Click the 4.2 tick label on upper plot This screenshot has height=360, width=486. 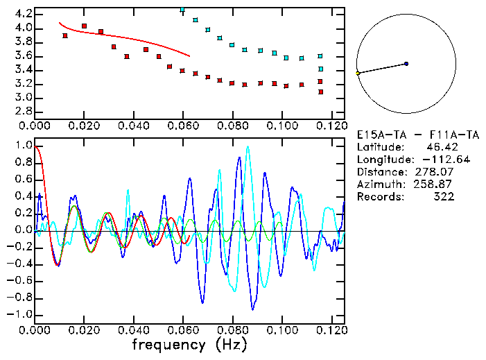click(22, 14)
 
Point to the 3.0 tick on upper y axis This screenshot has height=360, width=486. click(22, 97)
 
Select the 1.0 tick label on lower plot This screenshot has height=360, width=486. click(22, 146)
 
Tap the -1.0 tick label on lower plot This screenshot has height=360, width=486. click(19, 314)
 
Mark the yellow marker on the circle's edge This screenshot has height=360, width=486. click(358, 73)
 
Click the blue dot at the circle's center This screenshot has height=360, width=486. click(406, 64)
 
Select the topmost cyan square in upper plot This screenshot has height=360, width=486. click(182, 10)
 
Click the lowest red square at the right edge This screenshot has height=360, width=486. click(320, 92)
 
